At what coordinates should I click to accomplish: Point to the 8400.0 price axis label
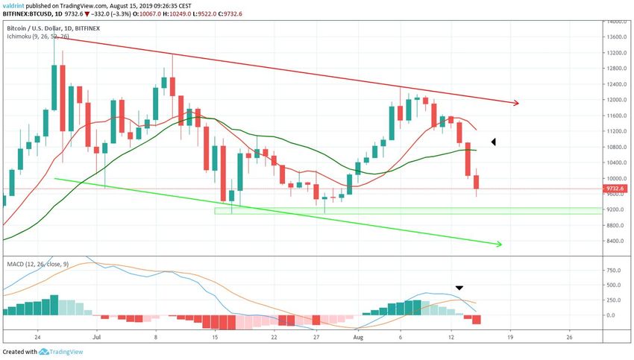coord(616,241)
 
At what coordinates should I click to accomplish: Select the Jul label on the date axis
coord(96,337)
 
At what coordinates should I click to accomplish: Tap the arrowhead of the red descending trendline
coord(514,102)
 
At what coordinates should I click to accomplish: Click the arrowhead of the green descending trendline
coord(499,244)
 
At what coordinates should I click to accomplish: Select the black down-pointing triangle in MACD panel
coord(459,288)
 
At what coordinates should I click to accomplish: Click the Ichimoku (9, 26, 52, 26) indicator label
coord(37,37)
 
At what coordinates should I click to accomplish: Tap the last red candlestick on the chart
coord(475,183)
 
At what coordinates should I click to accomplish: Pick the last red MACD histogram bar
coord(475,320)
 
